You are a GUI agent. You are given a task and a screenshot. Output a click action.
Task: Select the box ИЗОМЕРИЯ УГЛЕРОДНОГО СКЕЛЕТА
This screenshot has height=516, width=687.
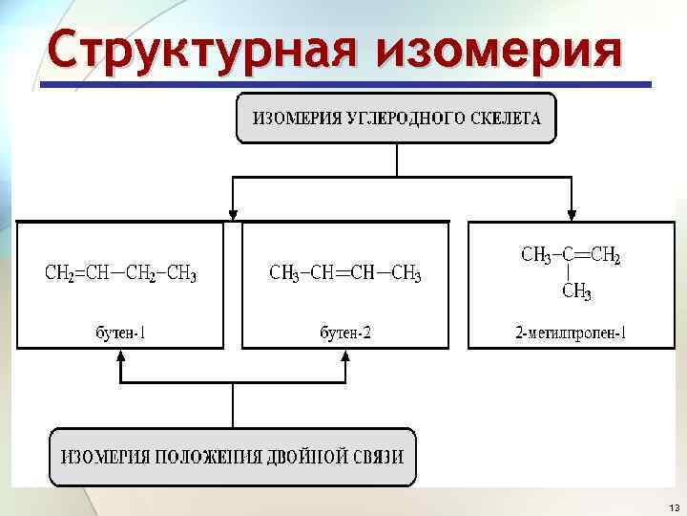coord(395,118)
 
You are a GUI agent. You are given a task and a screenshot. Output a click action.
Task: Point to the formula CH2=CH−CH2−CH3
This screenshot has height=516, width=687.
coord(121,274)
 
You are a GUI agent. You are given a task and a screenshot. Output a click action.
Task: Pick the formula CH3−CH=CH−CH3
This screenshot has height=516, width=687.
coord(345,274)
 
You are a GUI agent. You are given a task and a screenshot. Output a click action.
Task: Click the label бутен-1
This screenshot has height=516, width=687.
coord(121,333)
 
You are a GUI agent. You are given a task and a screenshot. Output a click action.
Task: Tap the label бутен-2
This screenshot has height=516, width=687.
coord(345,333)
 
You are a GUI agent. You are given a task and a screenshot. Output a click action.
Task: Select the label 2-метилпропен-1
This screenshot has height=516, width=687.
coord(571,333)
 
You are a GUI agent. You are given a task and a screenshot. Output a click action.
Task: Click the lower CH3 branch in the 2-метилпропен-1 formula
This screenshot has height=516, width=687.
coord(576,292)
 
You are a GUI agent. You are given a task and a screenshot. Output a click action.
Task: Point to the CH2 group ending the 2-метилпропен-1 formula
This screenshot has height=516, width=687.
coord(605,255)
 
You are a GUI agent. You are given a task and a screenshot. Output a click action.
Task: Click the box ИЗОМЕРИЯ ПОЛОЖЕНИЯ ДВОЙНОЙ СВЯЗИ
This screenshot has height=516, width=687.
coord(233,456)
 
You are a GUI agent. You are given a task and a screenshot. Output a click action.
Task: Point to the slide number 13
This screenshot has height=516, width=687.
coord(674,506)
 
